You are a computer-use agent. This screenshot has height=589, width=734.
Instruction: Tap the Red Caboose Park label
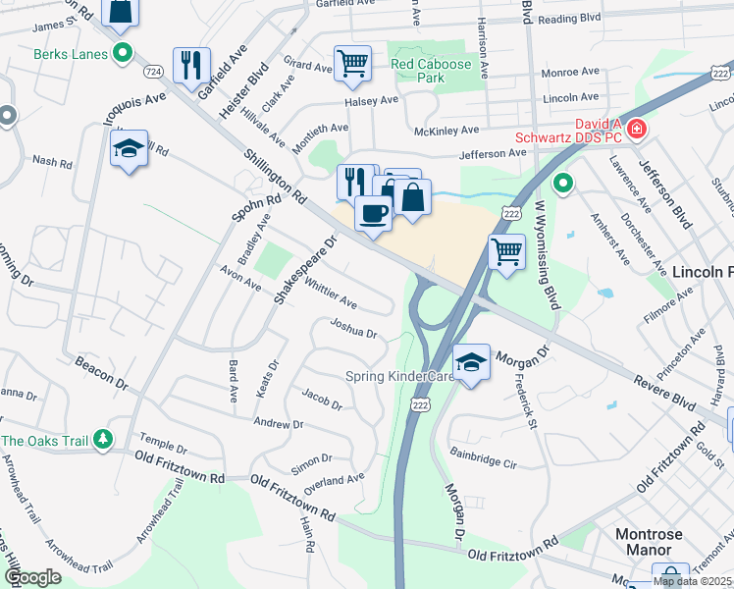pyautogui.click(x=431, y=70)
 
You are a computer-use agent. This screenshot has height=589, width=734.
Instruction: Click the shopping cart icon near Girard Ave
pyautogui.click(x=352, y=63)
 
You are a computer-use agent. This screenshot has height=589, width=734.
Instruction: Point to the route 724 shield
pyautogui.click(x=151, y=73)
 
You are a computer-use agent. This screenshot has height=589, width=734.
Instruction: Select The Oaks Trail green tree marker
pyautogui.click(x=101, y=442)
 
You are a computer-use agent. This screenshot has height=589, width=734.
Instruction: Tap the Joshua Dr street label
pyautogui.click(x=353, y=328)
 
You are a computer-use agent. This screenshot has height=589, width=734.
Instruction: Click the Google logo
pyautogui.click(x=32, y=577)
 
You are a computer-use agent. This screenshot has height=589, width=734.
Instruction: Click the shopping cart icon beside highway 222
pyautogui.click(x=506, y=251)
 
